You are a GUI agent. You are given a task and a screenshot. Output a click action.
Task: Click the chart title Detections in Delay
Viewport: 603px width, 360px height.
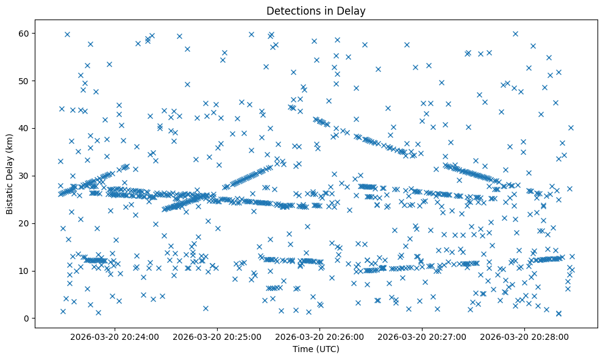(316, 10)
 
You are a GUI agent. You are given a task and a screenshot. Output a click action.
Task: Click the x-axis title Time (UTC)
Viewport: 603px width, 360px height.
(316, 350)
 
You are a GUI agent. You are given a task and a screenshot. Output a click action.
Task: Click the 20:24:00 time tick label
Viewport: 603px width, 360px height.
(115, 336)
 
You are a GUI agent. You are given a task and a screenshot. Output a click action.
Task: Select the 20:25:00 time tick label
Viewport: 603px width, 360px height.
(217, 336)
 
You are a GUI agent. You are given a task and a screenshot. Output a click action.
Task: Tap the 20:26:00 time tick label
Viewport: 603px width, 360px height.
(319, 336)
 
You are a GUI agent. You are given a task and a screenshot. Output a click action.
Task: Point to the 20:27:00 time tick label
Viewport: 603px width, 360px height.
(423, 336)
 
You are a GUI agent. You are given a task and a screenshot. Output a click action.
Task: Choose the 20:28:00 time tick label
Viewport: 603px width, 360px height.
(525, 336)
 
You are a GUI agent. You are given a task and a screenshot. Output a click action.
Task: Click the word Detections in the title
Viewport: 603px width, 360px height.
(290, 10)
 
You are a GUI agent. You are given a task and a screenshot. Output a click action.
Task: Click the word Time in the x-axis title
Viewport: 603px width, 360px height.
(303, 350)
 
